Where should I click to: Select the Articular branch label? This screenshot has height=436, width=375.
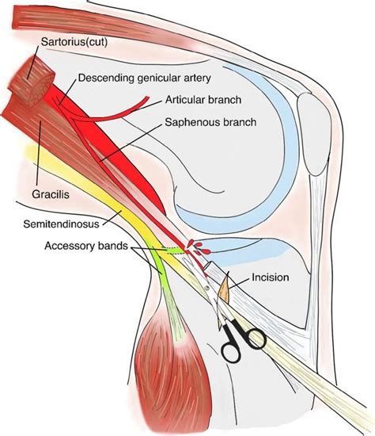click(x=202, y=100)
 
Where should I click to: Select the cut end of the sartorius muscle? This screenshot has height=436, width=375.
click(x=32, y=80)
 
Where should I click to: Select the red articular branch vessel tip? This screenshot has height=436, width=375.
click(x=146, y=100)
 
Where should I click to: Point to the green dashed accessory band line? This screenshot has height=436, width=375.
click(x=169, y=251)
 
